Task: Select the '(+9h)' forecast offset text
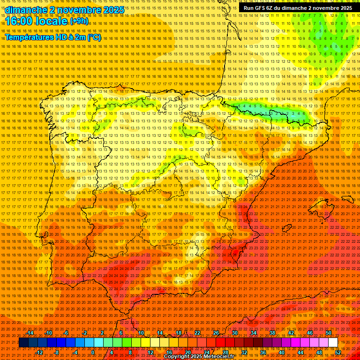[78, 21]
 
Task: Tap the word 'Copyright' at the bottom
[178, 357]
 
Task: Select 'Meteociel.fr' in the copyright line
[218, 357]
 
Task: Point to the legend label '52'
[338, 352]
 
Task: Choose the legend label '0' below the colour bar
[93, 352]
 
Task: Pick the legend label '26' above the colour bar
[216, 333]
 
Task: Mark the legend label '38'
[272, 333]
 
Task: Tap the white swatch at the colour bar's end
[333, 343]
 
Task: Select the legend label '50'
[328, 333]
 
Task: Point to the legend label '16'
[169, 352]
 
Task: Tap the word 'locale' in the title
[53, 22]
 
